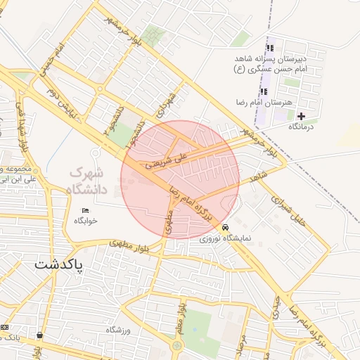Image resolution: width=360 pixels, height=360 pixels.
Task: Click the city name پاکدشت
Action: pos(58,266)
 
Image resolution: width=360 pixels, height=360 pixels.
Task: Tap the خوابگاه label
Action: pos(90,221)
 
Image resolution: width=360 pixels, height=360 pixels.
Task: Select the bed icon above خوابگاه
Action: pos(86,210)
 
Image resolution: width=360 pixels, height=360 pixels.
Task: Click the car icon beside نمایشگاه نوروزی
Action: pos(225,228)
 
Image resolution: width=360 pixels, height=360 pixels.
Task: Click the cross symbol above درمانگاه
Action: pos(302,116)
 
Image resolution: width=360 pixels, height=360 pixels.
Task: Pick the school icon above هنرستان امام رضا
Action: pos(264,91)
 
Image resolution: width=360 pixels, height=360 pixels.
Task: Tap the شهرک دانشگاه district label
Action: pos(85,180)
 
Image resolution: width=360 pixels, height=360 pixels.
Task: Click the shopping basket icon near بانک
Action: pos(39,335)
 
